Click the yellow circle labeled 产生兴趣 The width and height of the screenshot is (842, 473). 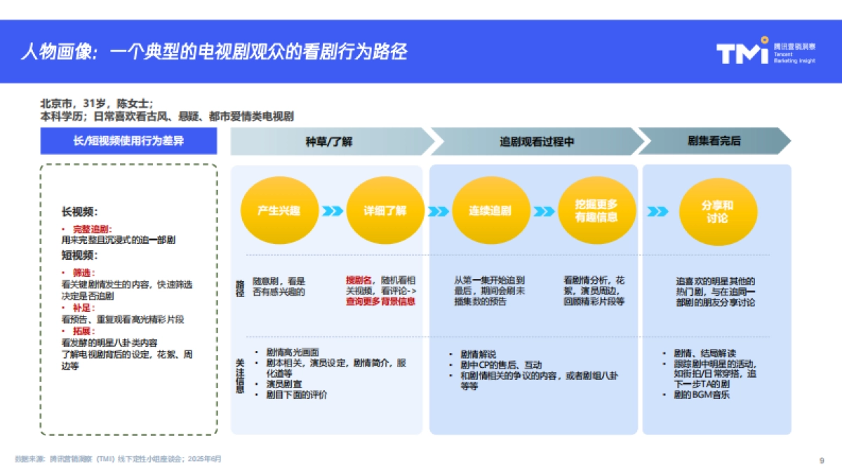[279, 210]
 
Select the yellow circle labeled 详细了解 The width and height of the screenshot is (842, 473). [385, 210]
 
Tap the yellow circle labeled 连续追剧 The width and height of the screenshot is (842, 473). [490, 210]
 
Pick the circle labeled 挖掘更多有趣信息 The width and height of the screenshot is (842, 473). [596, 210]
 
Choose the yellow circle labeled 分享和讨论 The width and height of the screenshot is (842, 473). [717, 211]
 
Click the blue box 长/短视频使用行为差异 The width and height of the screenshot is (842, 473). [128, 142]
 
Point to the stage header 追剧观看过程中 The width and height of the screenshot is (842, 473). [536, 142]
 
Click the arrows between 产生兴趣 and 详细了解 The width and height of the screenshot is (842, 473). [332, 211]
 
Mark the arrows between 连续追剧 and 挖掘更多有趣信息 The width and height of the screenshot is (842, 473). [544, 211]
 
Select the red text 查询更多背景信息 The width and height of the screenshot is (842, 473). [380, 301]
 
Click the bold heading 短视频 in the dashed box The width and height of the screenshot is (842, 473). [79, 255]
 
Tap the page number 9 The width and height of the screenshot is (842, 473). [821, 460]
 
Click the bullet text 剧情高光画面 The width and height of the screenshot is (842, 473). [293, 352]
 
